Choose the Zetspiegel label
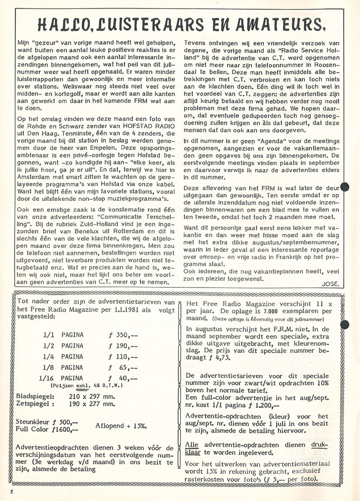coord(34,404)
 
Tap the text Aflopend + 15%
coord(121,425)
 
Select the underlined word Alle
coord(192,444)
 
